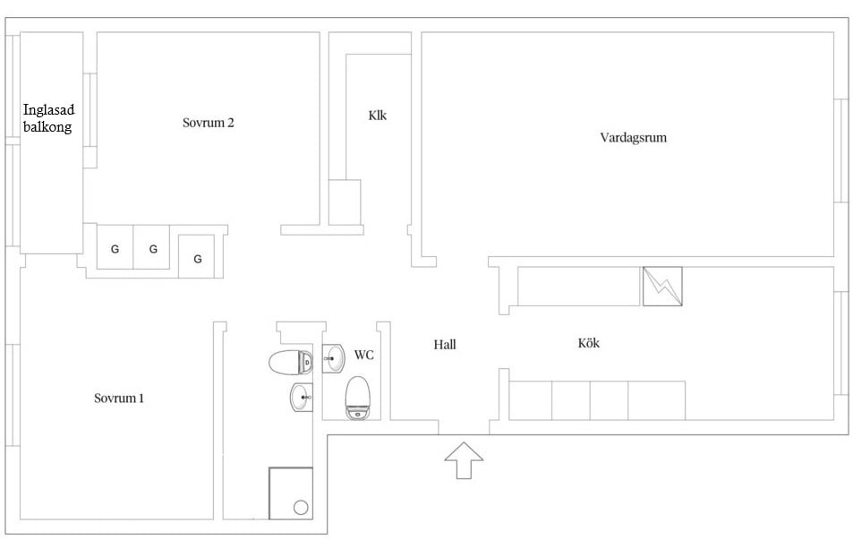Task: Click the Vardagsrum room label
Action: pyautogui.click(x=633, y=137)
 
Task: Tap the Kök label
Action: pyautogui.click(x=589, y=343)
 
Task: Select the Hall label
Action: pyautogui.click(x=445, y=344)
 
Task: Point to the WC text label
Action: pyautogui.click(x=364, y=355)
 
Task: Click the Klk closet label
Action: pyautogui.click(x=378, y=115)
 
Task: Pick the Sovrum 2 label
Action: pyautogui.click(x=209, y=123)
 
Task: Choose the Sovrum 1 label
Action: pyautogui.click(x=119, y=398)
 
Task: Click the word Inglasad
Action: pyautogui.click(x=48, y=110)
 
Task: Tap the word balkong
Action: pyautogui.click(x=47, y=127)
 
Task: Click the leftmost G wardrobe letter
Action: pyautogui.click(x=115, y=249)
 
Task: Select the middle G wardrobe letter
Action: pyautogui.click(x=153, y=249)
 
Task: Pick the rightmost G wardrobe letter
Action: pyautogui.click(x=198, y=259)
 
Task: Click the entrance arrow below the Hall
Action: pyautogui.click(x=464, y=460)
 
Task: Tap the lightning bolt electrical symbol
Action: pyautogui.click(x=662, y=287)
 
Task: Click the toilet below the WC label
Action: pyautogui.click(x=357, y=398)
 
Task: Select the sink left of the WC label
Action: pyautogui.click(x=333, y=359)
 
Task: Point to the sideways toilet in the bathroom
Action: pyautogui.click(x=291, y=363)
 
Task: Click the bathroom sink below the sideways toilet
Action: pyautogui.click(x=302, y=397)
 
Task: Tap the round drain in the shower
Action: pyautogui.click(x=301, y=508)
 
